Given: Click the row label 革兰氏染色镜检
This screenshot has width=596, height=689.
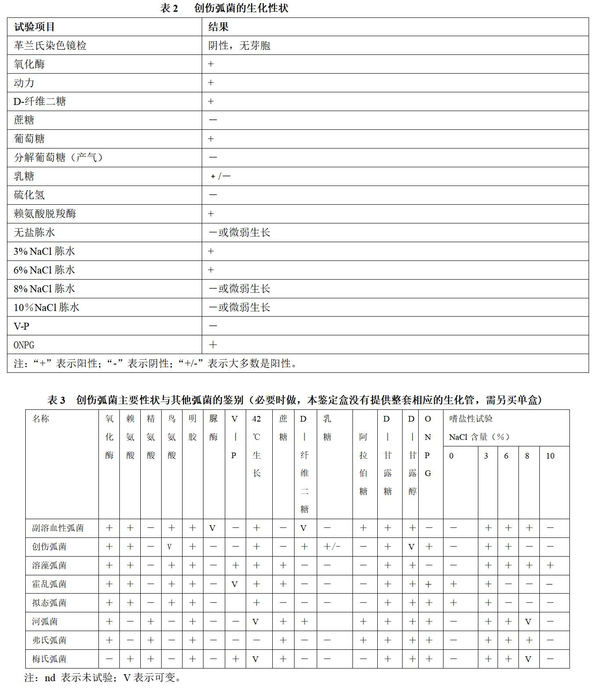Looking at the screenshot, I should click(50, 46).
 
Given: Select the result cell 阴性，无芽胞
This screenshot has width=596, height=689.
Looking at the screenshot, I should click(239, 46).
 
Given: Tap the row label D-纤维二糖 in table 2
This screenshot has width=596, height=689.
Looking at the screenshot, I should click(40, 101).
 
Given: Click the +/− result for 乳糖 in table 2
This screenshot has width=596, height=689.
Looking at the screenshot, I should click(220, 176).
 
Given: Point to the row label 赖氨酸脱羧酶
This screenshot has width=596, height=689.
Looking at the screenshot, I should click(45, 214).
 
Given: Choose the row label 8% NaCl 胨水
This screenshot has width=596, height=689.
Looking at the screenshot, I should click(44, 289).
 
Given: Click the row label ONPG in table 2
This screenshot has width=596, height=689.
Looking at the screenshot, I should click(24, 345).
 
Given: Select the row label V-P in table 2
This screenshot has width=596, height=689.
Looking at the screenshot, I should click(21, 326).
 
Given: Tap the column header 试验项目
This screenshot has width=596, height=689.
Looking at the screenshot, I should click(34, 27).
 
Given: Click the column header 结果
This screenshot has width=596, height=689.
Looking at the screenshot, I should click(218, 27).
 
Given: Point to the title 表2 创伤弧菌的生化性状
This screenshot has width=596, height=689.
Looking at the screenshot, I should click(224, 8).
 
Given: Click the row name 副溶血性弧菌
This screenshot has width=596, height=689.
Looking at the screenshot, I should click(58, 528).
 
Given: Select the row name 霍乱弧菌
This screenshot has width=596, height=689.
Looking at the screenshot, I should click(49, 584).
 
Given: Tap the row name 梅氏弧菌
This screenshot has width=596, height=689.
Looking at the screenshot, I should click(49, 659).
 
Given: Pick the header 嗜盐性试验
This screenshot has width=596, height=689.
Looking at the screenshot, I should click(471, 419).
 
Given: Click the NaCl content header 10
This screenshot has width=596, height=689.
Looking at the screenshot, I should click(550, 456).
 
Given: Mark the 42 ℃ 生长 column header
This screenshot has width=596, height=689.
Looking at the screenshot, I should click(257, 446).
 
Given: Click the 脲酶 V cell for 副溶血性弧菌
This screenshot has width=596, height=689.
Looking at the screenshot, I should click(213, 528).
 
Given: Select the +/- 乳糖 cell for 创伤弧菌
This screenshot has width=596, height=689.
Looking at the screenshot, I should click(332, 547).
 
